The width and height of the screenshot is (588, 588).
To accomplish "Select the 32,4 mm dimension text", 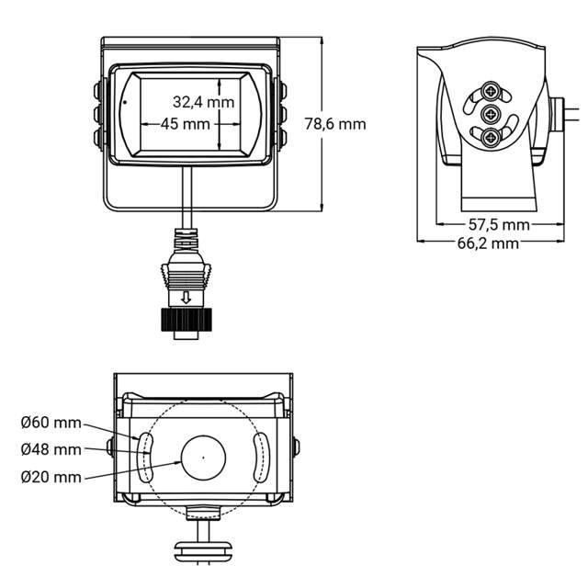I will tap(204, 102).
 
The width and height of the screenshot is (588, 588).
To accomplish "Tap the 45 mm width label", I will tap(185, 123).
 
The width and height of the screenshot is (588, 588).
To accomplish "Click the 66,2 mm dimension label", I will tap(488, 243).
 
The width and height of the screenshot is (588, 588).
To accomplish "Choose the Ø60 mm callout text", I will tap(51, 423).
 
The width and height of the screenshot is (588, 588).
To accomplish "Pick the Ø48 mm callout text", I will tap(51, 449).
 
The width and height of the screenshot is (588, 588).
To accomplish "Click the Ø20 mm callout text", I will tap(51, 477).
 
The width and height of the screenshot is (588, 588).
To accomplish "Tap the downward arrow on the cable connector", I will tap(187, 297).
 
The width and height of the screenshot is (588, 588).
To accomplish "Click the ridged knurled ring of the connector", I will tap(187, 321).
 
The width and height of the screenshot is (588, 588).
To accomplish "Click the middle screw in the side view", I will tap(493, 115).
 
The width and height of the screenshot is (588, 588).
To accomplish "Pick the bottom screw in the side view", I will tap(493, 139).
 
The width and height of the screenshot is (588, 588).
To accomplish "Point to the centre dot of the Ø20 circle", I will tap(203, 455).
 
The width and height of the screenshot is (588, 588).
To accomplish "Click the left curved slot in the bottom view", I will tap(145, 456).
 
